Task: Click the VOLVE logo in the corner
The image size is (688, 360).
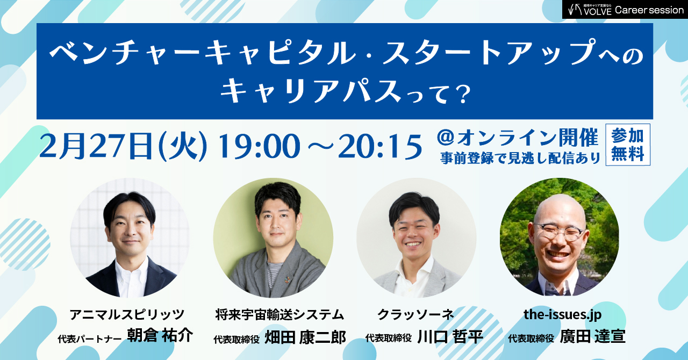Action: tap(590, 10)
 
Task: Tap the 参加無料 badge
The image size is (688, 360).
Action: tap(627, 145)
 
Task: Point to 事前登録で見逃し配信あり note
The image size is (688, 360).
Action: tap(520, 159)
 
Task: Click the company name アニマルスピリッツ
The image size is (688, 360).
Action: tap(127, 314)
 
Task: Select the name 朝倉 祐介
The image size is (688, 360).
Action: tap(160, 336)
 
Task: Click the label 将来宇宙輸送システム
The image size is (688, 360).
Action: tap(279, 314)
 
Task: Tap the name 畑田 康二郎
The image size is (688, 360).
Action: tap(305, 337)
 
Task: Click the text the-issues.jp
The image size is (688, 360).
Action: tap(562, 314)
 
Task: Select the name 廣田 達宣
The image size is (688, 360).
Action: tap(592, 337)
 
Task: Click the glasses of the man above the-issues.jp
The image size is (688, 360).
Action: tap(559, 232)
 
